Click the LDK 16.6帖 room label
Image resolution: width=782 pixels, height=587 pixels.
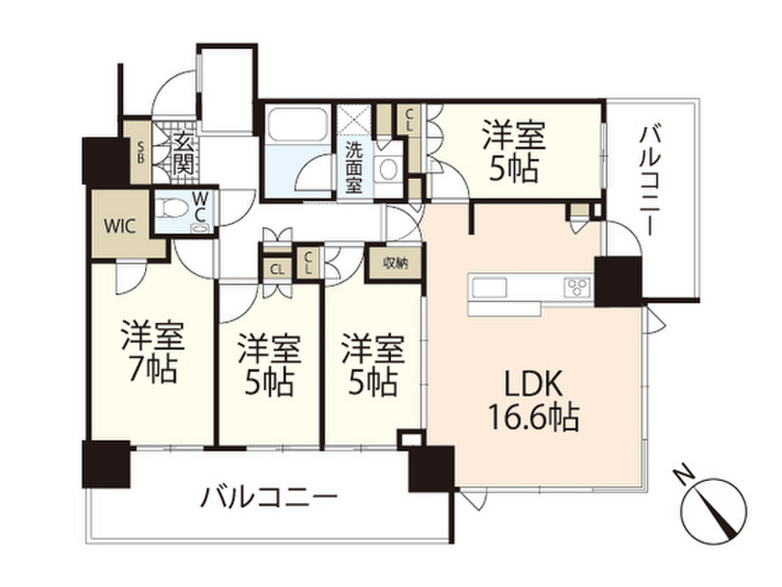533,400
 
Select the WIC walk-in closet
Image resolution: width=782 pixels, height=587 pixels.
121,227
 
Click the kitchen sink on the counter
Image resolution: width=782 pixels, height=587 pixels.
489,287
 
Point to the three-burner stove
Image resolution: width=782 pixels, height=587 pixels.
577,287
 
